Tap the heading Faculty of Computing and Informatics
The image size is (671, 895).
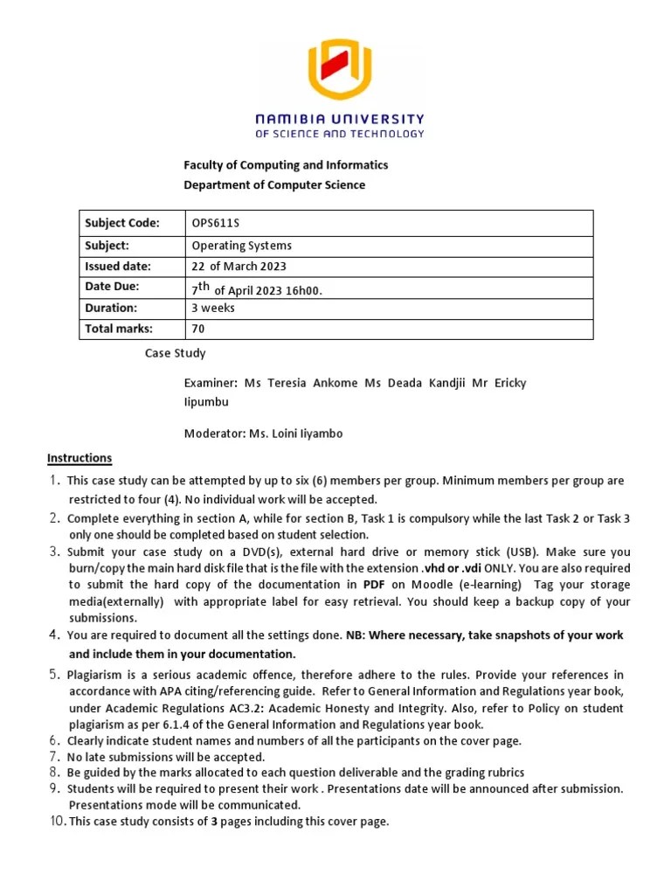pyautogui.click(x=285, y=164)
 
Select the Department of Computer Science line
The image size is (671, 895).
pyautogui.click(x=273, y=185)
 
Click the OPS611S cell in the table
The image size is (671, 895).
pyautogui.click(x=214, y=224)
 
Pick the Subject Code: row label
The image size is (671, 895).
pyautogui.click(x=121, y=224)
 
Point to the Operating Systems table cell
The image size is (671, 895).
pyautogui.click(x=241, y=246)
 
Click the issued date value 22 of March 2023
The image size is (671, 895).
pyautogui.click(x=239, y=267)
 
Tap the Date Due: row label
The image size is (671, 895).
pyautogui.click(x=112, y=287)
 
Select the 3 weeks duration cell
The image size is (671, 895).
pyautogui.click(x=212, y=308)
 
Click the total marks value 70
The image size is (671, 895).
pyautogui.click(x=197, y=329)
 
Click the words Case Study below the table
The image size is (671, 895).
pyautogui.click(x=175, y=354)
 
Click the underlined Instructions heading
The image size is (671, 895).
pyautogui.click(x=80, y=458)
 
